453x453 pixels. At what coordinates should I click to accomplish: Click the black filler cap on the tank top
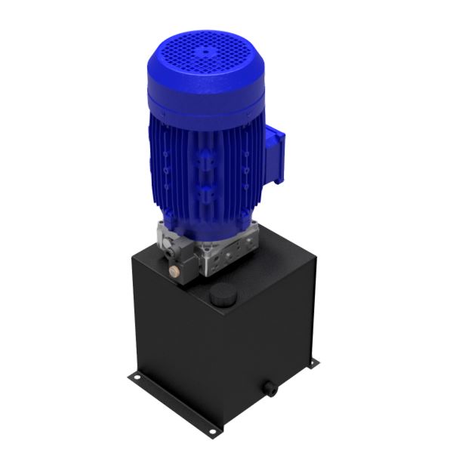click(220, 296)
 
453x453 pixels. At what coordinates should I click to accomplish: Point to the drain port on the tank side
click(269, 389)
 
